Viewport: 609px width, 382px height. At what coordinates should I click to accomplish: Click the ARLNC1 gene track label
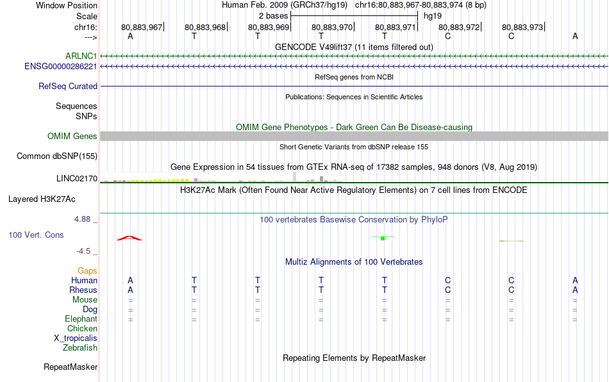pyautogui.click(x=81, y=56)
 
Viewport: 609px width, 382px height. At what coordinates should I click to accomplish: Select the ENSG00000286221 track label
pyautogui.click(x=61, y=67)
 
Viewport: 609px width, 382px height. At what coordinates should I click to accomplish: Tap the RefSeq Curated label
pyautogui.click(x=68, y=86)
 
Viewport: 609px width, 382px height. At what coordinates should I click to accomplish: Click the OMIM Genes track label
pyautogui.click(x=72, y=137)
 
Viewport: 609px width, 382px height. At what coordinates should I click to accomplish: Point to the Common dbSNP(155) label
pyautogui.click(x=57, y=156)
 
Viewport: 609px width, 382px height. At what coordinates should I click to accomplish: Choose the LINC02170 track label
pyautogui.click(x=77, y=179)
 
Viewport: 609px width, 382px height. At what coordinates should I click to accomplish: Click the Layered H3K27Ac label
pyautogui.click(x=42, y=199)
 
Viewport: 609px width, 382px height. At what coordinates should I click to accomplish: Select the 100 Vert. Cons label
pyautogui.click(x=36, y=235)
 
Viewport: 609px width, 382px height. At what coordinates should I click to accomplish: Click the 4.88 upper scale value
pyautogui.click(x=82, y=219)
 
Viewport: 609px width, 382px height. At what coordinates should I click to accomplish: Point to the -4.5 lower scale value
pyautogui.click(x=83, y=251)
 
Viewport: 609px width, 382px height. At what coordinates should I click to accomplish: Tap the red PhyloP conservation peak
pyautogui.click(x=129, y=238)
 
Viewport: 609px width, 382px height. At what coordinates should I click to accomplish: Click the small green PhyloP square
pyautogui.click(x=383, y=238)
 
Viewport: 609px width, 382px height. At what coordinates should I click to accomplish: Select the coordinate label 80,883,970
pyautogui.click(x=332, y=27)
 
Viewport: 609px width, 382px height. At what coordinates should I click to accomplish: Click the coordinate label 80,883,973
pyautogui.click(x=522, y=27)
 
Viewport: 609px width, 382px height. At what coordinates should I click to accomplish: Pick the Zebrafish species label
pyautogui.click(x=80, y=348)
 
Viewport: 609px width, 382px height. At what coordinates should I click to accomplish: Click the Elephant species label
pyautogui.click(x=81, y=319)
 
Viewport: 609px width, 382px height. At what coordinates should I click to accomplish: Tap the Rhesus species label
pyautogui.click(x=83, y=290)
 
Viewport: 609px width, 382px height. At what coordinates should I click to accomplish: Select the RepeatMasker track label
pyautogui.click(x=71, y=367)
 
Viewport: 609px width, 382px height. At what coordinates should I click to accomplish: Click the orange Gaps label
pyautogui.click(x=87, y=271)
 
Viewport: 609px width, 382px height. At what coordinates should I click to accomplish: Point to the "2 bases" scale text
pyautogui.click(x=274, y=16)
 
